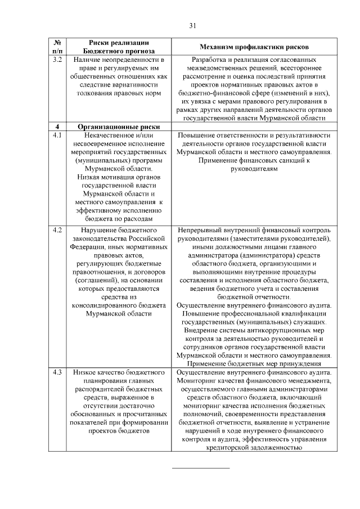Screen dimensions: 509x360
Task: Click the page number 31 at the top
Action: pyautogui.click(x=192, y=25)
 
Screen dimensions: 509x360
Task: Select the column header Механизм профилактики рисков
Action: pyautogui.click(x=254, y=46)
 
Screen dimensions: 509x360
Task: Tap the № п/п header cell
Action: pyautogui.click(x=57, y=46)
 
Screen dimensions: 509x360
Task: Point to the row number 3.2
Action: pyautogui.click(x=57, y=59)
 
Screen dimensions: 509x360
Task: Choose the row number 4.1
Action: pyautogui.click(x=57, y=136)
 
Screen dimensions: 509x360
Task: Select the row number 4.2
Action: pyautogui.click(x=57, y=231)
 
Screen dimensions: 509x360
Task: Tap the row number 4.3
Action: pyautogui.click(x=57, y=372)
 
